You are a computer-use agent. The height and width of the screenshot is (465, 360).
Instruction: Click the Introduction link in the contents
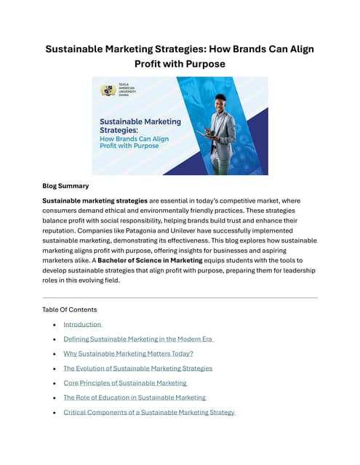(x=82, y=324)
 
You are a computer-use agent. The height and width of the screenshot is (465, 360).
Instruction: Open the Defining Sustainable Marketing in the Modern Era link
(x=137, y=339)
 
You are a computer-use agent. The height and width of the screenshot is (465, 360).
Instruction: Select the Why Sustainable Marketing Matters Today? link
(x=128, y=353)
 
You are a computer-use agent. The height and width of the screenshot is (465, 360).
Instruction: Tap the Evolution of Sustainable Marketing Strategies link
(x=137, y=368)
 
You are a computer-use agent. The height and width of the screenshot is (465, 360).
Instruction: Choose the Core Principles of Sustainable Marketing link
(x=125, y=382)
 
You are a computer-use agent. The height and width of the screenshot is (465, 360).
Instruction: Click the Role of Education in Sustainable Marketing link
(x=135, y=397)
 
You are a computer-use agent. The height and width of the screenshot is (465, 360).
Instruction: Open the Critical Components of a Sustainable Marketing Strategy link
(x=149, y=412)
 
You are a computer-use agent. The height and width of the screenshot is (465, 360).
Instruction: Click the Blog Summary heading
(x=65, y=185)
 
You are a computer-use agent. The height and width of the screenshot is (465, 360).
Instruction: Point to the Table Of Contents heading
(x=70, y=310)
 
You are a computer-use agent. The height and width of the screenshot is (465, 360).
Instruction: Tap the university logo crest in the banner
(x=108, y=91)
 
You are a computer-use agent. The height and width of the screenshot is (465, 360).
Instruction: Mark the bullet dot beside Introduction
(x=55, y=325)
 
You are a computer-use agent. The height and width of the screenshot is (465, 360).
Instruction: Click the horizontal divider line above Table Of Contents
(x=180, y=298)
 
